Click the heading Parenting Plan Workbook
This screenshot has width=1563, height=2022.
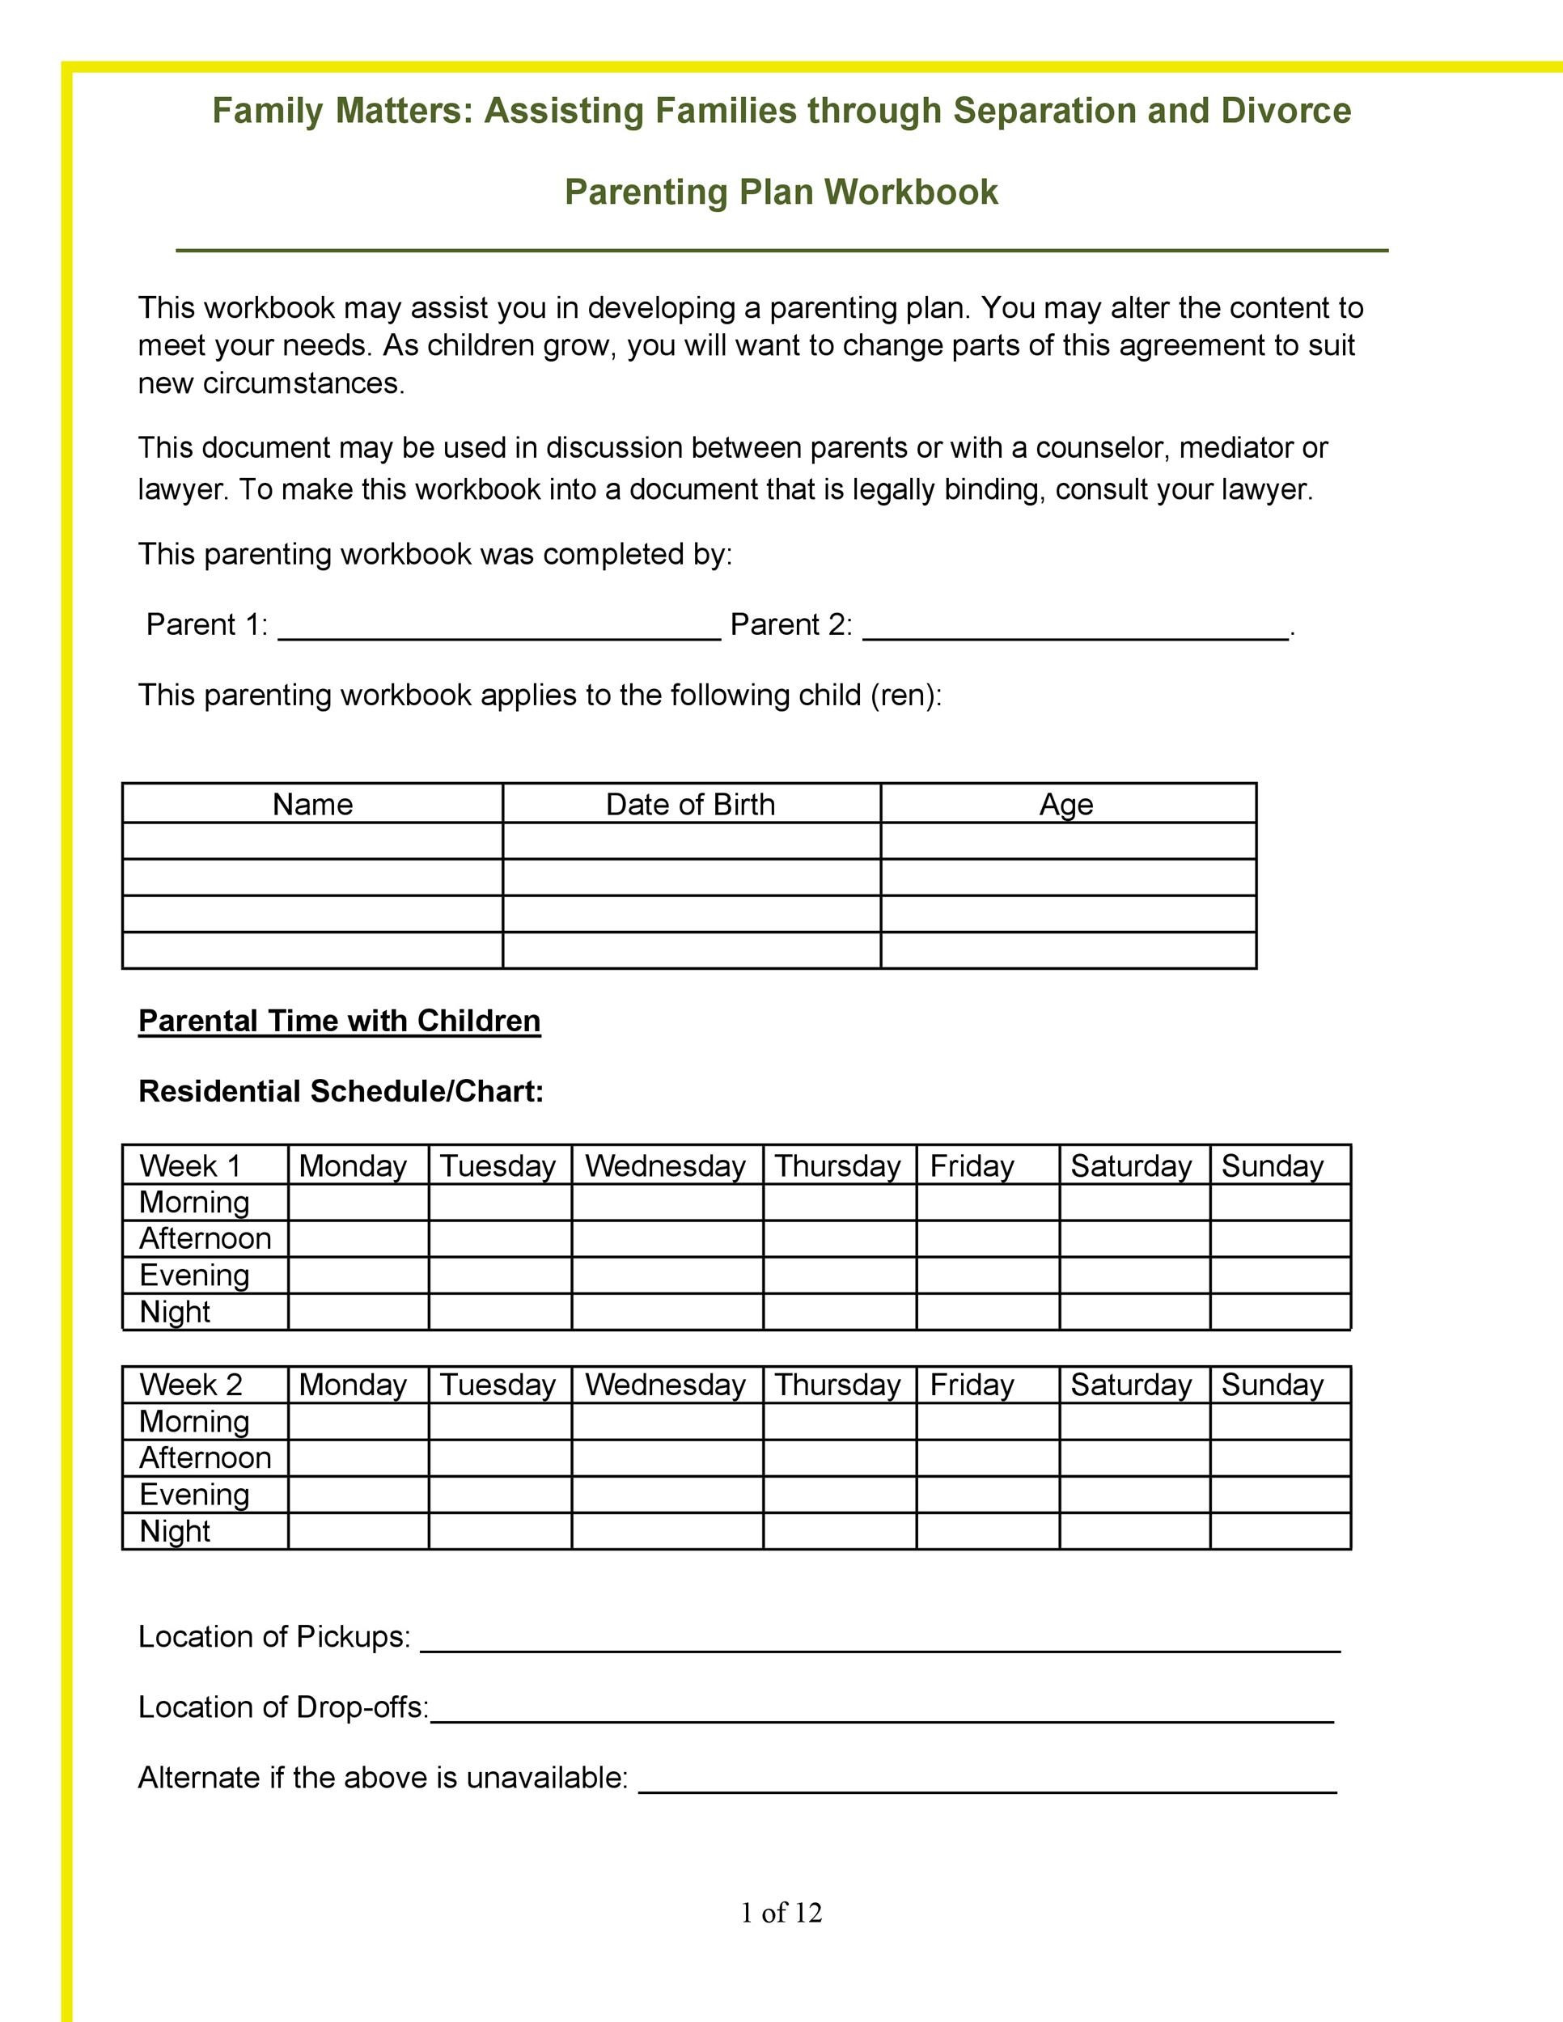point(781,192)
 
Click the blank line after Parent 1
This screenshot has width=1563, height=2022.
point(499,628)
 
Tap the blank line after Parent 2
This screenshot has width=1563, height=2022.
point(1075,628)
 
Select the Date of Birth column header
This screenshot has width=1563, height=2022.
point(690,804)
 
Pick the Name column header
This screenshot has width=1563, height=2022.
point(312,804)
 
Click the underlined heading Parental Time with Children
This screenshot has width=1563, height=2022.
point(339,1020)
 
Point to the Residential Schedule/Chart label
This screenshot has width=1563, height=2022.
point(341,1090)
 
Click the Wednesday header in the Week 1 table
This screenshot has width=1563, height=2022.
point(665,1165)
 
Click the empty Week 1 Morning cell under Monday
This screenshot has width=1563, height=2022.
point(358,1202)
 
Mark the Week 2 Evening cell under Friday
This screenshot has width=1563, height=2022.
point(987,1495)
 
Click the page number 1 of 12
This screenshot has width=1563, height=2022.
point(781,1913)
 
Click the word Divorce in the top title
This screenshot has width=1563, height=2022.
point(1286,111)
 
